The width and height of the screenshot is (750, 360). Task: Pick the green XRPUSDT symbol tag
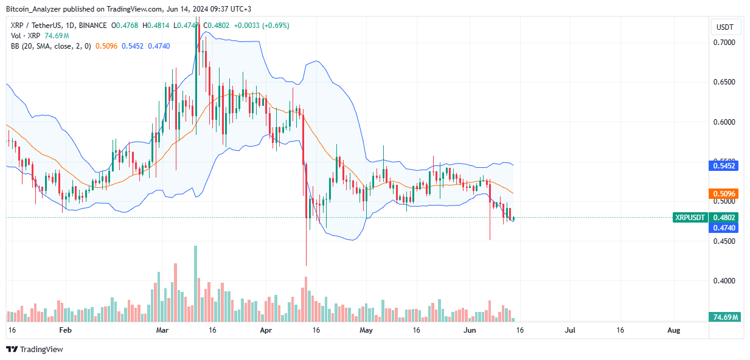(x=690, y=218)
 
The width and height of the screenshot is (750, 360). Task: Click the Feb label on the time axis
(x=66, y=330)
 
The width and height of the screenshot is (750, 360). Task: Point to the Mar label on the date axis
(x=162, y=330)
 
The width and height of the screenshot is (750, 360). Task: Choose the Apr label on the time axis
(x=265, y=330)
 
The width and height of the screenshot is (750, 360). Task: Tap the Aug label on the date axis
(x=673, y=330)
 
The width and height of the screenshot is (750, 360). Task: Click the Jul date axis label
(x=570, y=330)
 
